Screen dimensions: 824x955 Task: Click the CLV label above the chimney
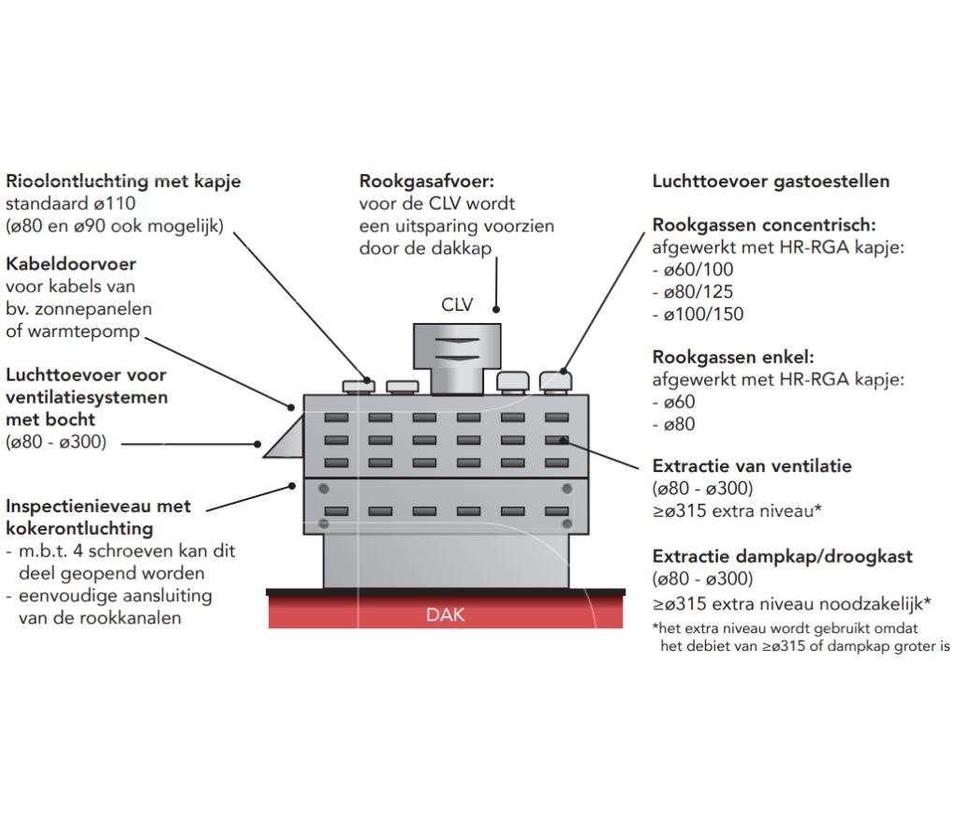coord(459,305)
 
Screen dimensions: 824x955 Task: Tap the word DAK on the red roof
coord(445,615)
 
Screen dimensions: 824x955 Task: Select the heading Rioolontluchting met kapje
coord(123,181)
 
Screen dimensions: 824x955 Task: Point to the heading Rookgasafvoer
coord(426,181)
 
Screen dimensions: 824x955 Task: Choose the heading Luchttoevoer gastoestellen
coord(771,181)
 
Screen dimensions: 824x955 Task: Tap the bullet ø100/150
coord(702,315)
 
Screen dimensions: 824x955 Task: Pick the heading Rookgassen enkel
coord(732,358)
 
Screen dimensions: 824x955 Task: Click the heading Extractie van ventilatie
coord(752,465)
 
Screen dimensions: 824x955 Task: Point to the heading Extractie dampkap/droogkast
coord(782,556)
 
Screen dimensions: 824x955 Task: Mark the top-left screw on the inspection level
coord(323,489)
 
